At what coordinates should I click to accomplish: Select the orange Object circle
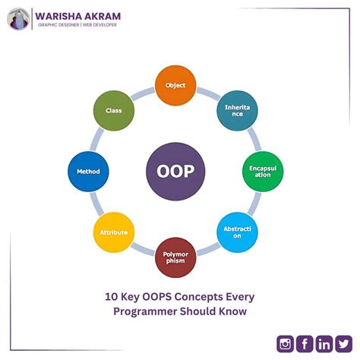tap(175, 85)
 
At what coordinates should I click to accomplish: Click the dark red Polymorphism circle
tap(175, 257)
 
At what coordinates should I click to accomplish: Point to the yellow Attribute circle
tap(113, 232)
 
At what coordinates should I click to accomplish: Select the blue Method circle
tap(88, 171)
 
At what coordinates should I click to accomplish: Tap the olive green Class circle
tap(114, 111)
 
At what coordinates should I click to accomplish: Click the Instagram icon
tap(286, 343)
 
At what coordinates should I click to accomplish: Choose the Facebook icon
tap(305, 343)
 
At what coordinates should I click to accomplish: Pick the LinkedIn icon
tap(324, 343)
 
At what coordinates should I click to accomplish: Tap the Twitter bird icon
tap(344, 343)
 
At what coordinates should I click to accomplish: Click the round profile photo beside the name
tap(18, 19)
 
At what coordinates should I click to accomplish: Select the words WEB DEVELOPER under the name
tap(99, 26)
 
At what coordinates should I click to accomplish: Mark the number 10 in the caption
tap(111, 297)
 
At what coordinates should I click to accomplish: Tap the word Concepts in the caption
tap(208, 297)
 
